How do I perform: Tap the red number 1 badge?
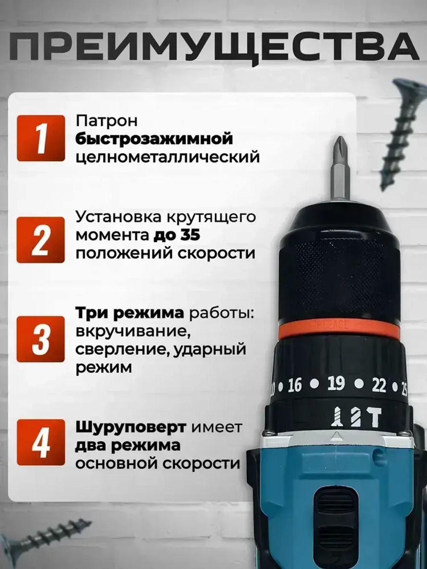click(41, 138)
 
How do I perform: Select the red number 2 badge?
click(41, 240)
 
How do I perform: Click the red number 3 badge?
click(41, 339)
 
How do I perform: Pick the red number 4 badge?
click(41, 442)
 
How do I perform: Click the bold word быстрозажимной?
click(155, 139)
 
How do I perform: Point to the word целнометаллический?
click(167, 157)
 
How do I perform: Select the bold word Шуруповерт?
click(131, 427)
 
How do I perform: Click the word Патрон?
click(107, 121)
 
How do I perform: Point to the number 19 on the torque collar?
click(336, 384)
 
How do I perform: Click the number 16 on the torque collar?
click(295, 385)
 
